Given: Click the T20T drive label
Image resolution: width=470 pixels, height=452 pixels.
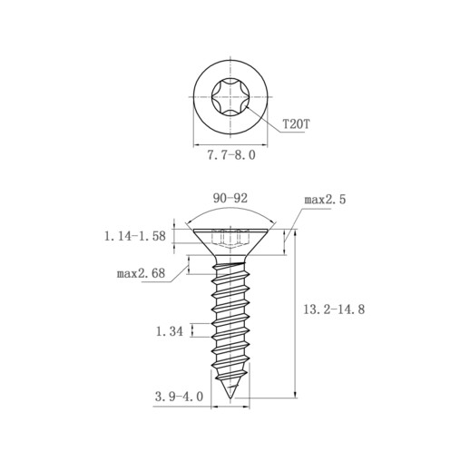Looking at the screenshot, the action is coord(296,124).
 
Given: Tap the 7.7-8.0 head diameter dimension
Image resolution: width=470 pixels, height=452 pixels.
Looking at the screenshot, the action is coord(231,155).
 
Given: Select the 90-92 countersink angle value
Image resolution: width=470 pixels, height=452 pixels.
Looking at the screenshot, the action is coord(230,198).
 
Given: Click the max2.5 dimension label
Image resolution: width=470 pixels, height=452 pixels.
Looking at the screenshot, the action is coord(325,200).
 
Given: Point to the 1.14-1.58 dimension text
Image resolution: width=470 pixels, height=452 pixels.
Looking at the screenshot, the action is coord(135,236).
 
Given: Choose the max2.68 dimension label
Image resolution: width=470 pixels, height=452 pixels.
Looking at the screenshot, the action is coord(141,273).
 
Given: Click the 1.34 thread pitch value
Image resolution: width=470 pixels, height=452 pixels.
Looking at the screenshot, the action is coord(170,331).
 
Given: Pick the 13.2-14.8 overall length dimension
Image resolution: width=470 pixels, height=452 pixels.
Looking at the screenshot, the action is coord(334,310).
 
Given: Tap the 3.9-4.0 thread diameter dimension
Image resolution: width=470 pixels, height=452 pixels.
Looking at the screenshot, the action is coord(179,397).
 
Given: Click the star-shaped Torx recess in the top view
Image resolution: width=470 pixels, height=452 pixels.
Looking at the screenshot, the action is coord(230,97).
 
